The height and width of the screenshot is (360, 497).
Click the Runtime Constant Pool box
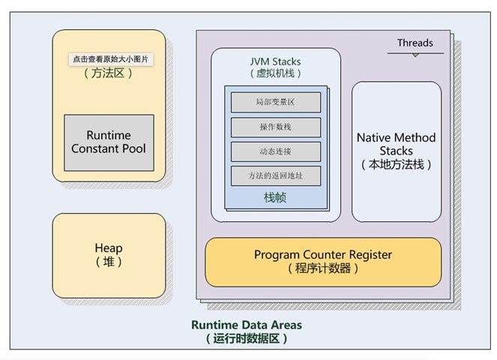(109, 142)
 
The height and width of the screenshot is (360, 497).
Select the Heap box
(109, 255)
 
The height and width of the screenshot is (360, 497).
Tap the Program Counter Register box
(322, 262)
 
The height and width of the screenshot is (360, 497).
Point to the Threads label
(415, 43)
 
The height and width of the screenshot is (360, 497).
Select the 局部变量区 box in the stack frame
(275, 101)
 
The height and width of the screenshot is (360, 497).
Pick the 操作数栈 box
(275, 126)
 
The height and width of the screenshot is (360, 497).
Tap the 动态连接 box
(275, 151)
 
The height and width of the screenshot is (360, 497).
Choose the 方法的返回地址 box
(275, 175)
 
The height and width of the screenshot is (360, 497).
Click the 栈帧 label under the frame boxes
(275, 198)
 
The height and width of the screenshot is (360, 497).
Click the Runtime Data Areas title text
(247, 325)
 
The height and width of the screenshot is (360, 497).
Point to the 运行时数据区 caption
(247, 338)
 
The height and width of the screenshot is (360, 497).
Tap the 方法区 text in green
(109, 73)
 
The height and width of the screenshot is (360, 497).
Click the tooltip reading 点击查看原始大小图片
(109, 59)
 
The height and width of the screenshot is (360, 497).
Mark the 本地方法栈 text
(396, 165)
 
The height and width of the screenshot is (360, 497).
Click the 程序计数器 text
(322, 268)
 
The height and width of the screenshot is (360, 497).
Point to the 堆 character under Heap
(109, 262)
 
